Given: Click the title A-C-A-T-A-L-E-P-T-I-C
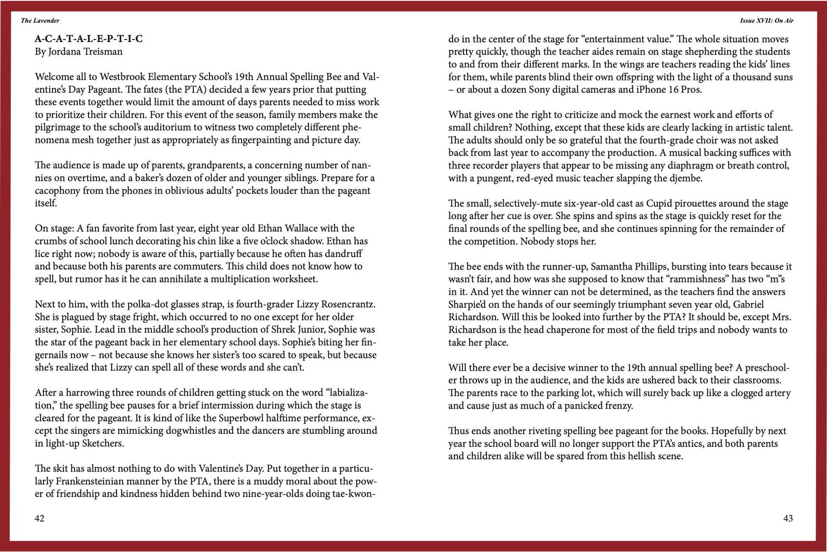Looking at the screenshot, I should click(89, 39).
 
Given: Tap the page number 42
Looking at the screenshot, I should click(39, 518).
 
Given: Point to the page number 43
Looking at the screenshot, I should click(788, 518).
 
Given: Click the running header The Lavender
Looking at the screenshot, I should click(40, 21).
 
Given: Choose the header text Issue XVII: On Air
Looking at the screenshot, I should click(766, 21).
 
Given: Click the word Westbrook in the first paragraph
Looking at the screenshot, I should click(122, 77).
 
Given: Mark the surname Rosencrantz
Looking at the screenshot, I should click(345, 304).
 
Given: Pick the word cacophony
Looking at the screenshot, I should click(58, 191).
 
